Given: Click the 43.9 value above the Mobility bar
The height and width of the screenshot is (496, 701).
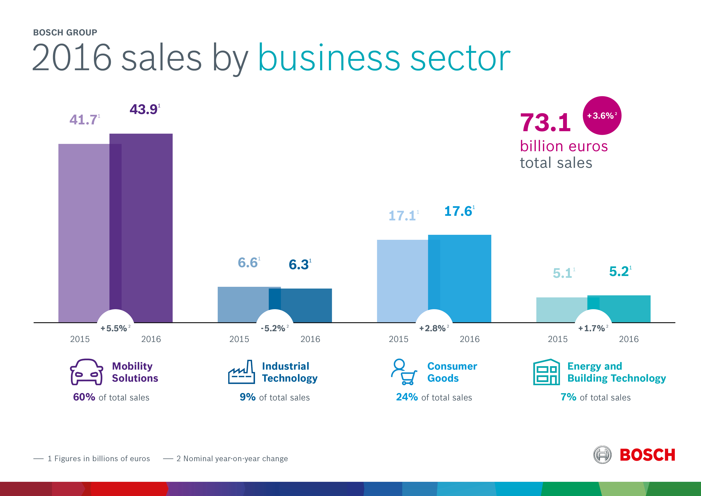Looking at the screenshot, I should (x=144, y=109).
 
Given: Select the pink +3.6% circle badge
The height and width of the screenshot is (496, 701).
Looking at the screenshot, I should (x=602, y=116).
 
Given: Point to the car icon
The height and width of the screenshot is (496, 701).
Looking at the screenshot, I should (x=86, y=372).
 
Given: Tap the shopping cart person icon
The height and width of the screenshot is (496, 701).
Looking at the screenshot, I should (x=404, y=372).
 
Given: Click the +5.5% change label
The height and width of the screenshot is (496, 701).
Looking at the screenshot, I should (x=114, y=328).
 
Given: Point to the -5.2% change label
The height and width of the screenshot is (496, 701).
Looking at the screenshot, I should (x=273, y=328).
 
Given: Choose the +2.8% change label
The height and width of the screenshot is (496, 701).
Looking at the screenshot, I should (x=432, y=328).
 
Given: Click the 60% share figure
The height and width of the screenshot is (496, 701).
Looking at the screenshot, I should (x=84, y=397).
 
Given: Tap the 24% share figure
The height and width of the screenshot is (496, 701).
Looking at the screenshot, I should (x=407, y=397).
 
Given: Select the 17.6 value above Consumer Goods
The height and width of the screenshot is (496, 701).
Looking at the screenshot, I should (x=458, y=211).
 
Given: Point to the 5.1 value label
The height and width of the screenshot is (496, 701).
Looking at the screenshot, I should (x=562, y=273).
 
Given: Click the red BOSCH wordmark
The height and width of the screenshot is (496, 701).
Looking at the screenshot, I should (x=647, y=455).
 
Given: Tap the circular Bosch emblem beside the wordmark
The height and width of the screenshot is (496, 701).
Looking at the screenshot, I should (x=602, y=455).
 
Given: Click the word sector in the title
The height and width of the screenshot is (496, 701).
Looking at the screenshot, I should (x=460, y=58).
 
